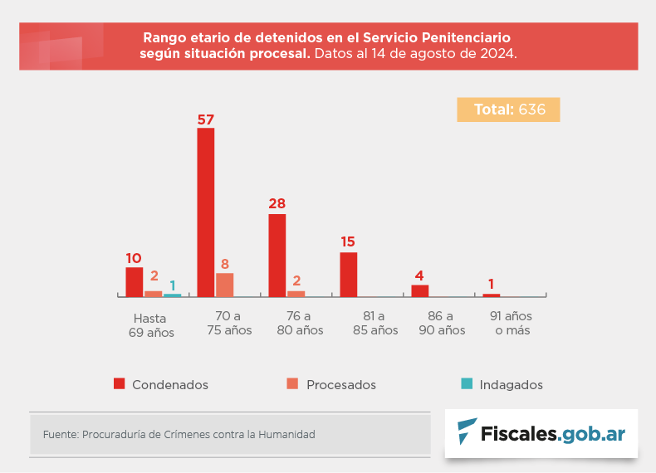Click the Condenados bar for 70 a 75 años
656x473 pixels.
pos(205,212)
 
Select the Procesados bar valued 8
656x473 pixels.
pos(224,285)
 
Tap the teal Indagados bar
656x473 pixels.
pos(172,295)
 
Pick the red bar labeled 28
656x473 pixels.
pos(277,255)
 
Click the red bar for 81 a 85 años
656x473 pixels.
pos(349,274)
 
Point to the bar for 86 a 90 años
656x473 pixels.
pos(420,290)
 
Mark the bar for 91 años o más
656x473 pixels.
pos(492,295)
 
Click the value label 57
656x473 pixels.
pos(206,119)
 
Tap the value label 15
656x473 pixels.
pos(348,242)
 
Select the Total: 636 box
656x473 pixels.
pos(508,110)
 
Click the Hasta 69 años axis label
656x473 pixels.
pos(150,324)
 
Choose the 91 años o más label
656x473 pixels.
pos(511,324)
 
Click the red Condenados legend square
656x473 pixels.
pos(119,383)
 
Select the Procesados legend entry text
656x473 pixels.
pos(340,385)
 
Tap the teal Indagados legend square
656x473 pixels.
pos(467,383)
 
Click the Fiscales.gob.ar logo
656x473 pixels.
pos(541,433)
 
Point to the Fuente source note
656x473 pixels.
pos(179,434)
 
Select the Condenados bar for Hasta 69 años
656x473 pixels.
pos(134,281)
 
